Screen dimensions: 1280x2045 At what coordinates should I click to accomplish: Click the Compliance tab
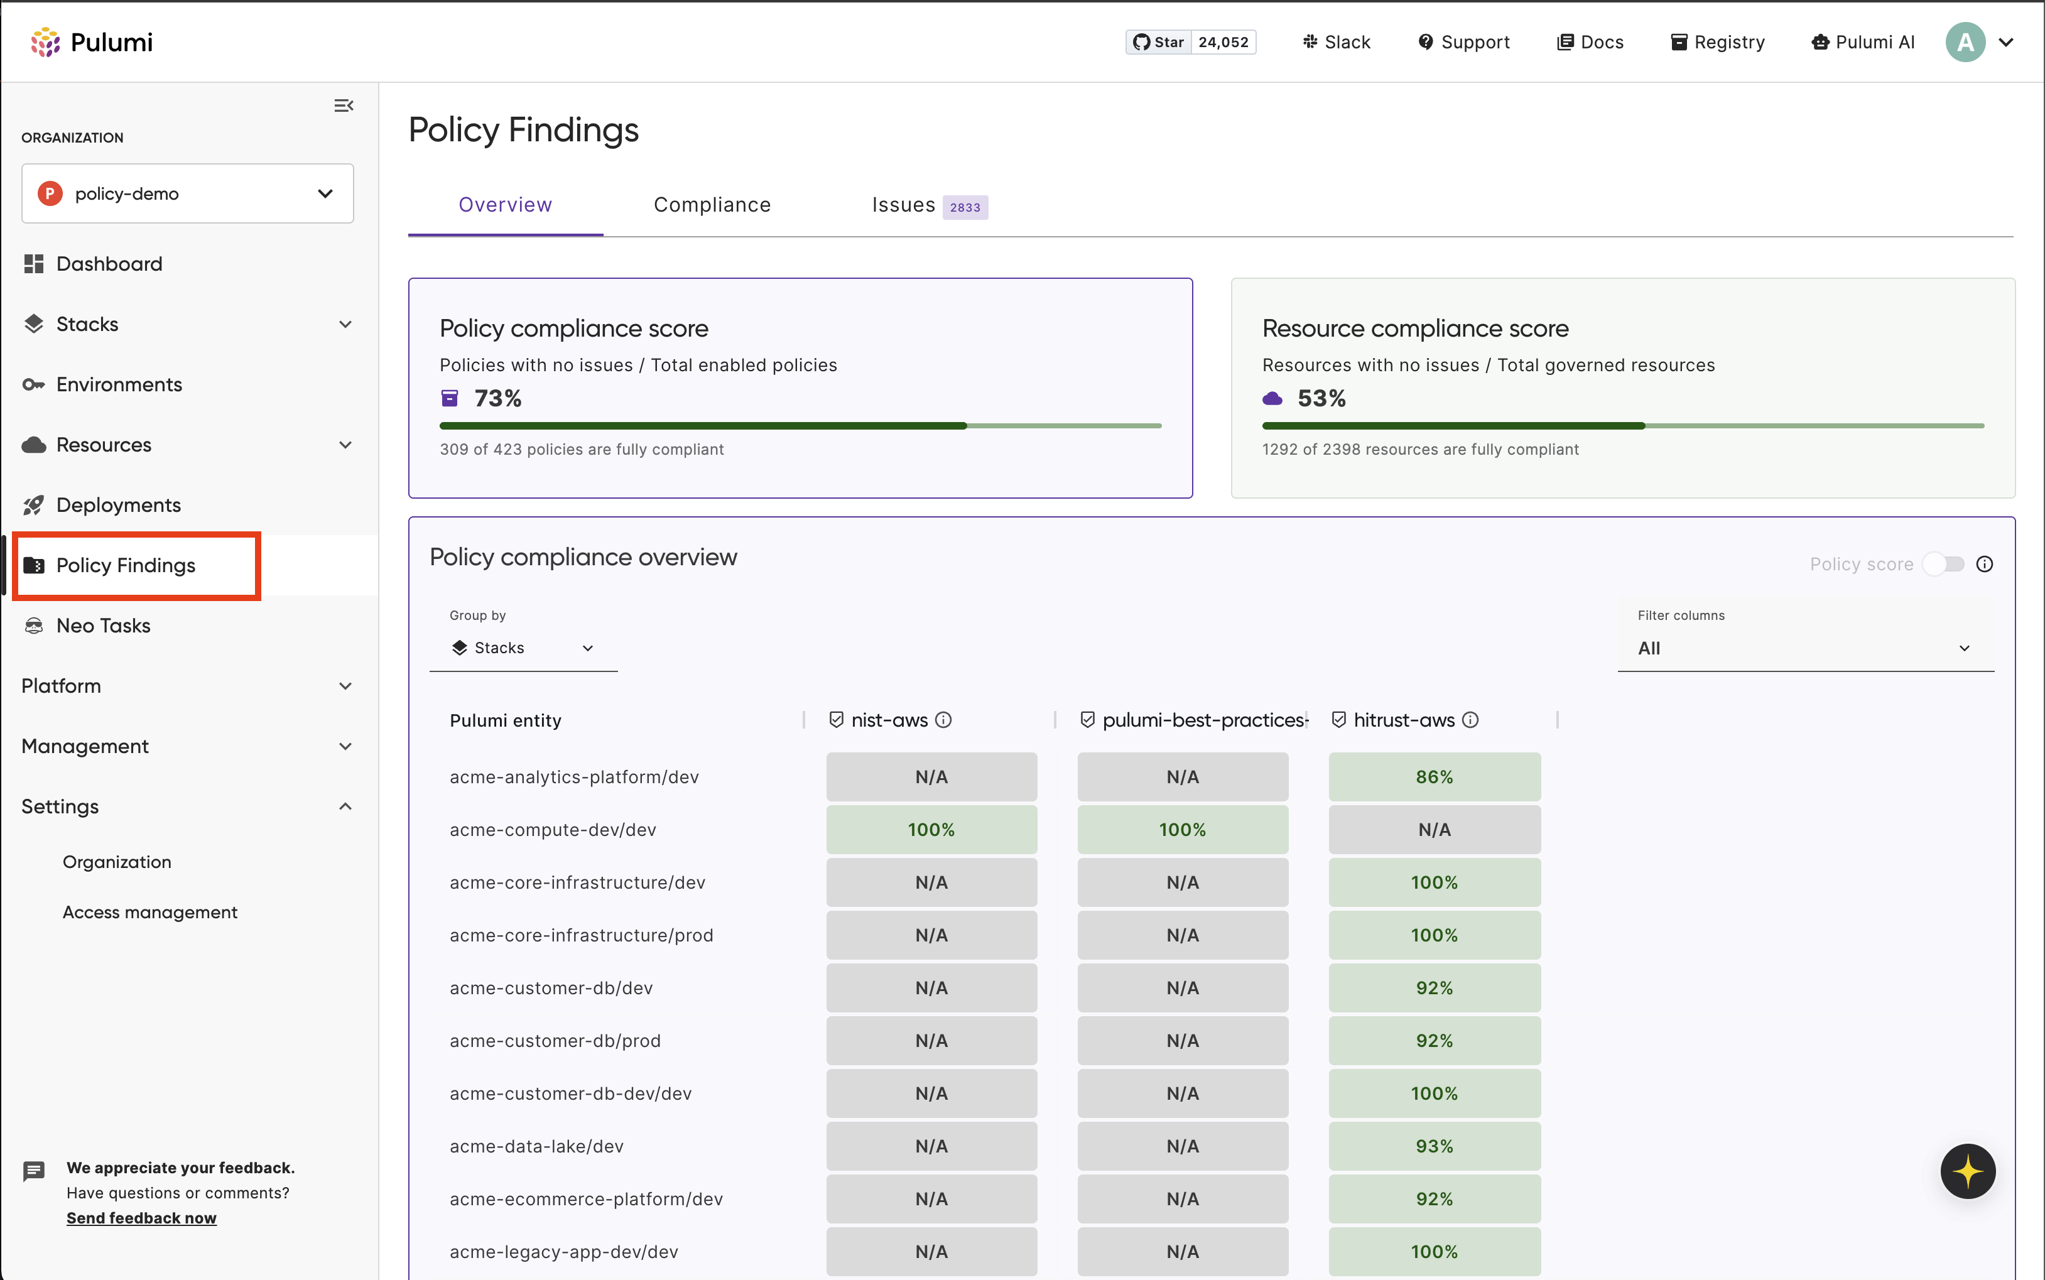712,205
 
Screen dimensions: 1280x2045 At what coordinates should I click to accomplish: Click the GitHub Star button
1159,42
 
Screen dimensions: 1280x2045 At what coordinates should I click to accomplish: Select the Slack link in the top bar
1337,42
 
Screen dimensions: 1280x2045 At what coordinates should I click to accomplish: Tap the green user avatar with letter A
1965,42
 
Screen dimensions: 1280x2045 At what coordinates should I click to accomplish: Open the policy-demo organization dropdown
187,194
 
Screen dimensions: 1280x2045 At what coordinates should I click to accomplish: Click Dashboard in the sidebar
109,264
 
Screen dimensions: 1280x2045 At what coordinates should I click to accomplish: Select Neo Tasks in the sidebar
103,626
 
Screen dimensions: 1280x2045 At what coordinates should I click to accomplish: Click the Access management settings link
150,912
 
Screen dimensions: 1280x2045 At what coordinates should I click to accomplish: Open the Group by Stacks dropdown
523,648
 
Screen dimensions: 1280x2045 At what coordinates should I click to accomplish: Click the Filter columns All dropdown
1804,648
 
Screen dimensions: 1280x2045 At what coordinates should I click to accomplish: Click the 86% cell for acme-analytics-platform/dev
1434,777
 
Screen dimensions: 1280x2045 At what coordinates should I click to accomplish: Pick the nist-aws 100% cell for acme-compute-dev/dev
931,830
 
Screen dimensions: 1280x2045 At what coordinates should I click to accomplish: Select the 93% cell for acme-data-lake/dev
1434,1146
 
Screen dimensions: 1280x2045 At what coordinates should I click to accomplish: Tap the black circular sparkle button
1967,1171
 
